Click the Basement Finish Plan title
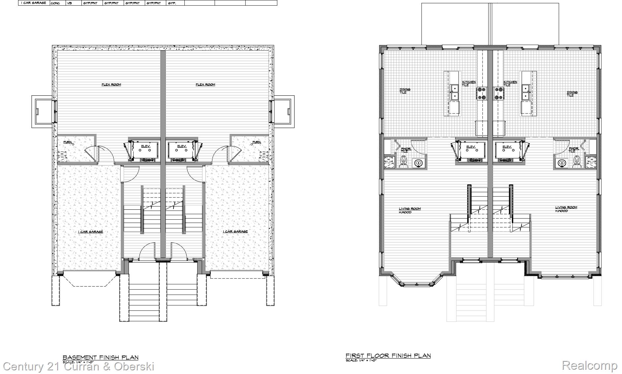point(101,358)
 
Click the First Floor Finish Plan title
point(388,356)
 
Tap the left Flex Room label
point(111,85)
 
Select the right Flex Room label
point(205,85)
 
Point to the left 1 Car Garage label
point(91,232)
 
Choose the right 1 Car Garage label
point(235,232)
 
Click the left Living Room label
point(410,209)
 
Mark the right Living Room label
point(566,207)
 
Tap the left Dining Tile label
point(405,89)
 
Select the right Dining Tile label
point(572,92)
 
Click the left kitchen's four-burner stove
point(482,93)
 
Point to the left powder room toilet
point(403,162)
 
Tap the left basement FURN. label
point(68,142)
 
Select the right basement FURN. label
point(257,142)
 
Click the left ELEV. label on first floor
point(471,147)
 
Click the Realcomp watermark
point(589,365)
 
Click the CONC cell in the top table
point(55,3)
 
